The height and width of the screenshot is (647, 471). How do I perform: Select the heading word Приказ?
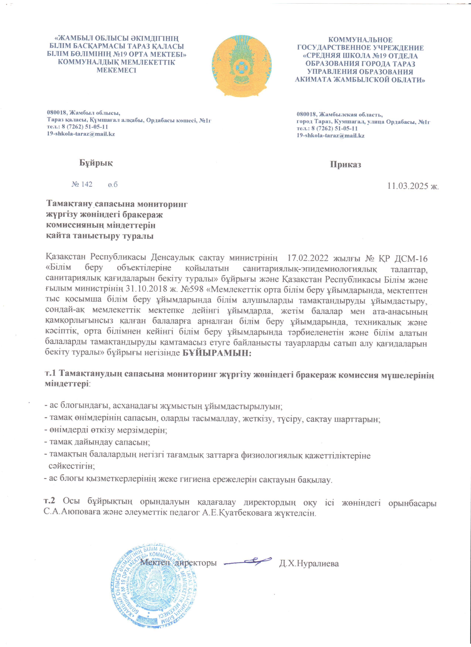(x=345, y=165)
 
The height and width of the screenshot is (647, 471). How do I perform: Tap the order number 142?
(x=87, y=184)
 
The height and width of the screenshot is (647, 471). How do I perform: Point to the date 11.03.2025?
(x=408, y=186)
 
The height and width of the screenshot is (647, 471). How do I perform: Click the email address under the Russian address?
(x=330, y=136)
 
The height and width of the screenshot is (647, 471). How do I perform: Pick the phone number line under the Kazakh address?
(x=77, y=127)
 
